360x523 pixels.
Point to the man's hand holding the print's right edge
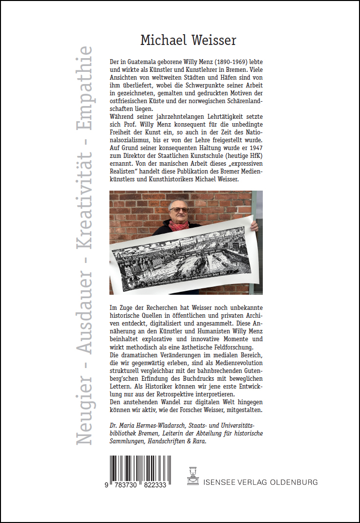[253, 225]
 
